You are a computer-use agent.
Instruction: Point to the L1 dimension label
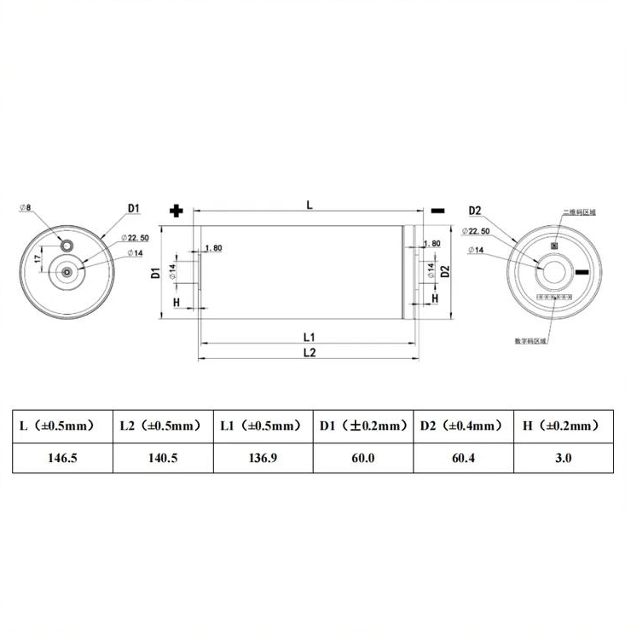(310, 335)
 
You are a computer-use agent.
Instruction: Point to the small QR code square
(554, 247)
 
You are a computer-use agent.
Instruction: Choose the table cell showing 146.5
(62, 458)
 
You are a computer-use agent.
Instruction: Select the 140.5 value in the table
(162, 458)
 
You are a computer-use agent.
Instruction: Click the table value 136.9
(263, 458)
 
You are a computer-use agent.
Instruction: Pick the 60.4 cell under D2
(462, 458)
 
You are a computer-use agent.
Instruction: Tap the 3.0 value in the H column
(563, 458)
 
